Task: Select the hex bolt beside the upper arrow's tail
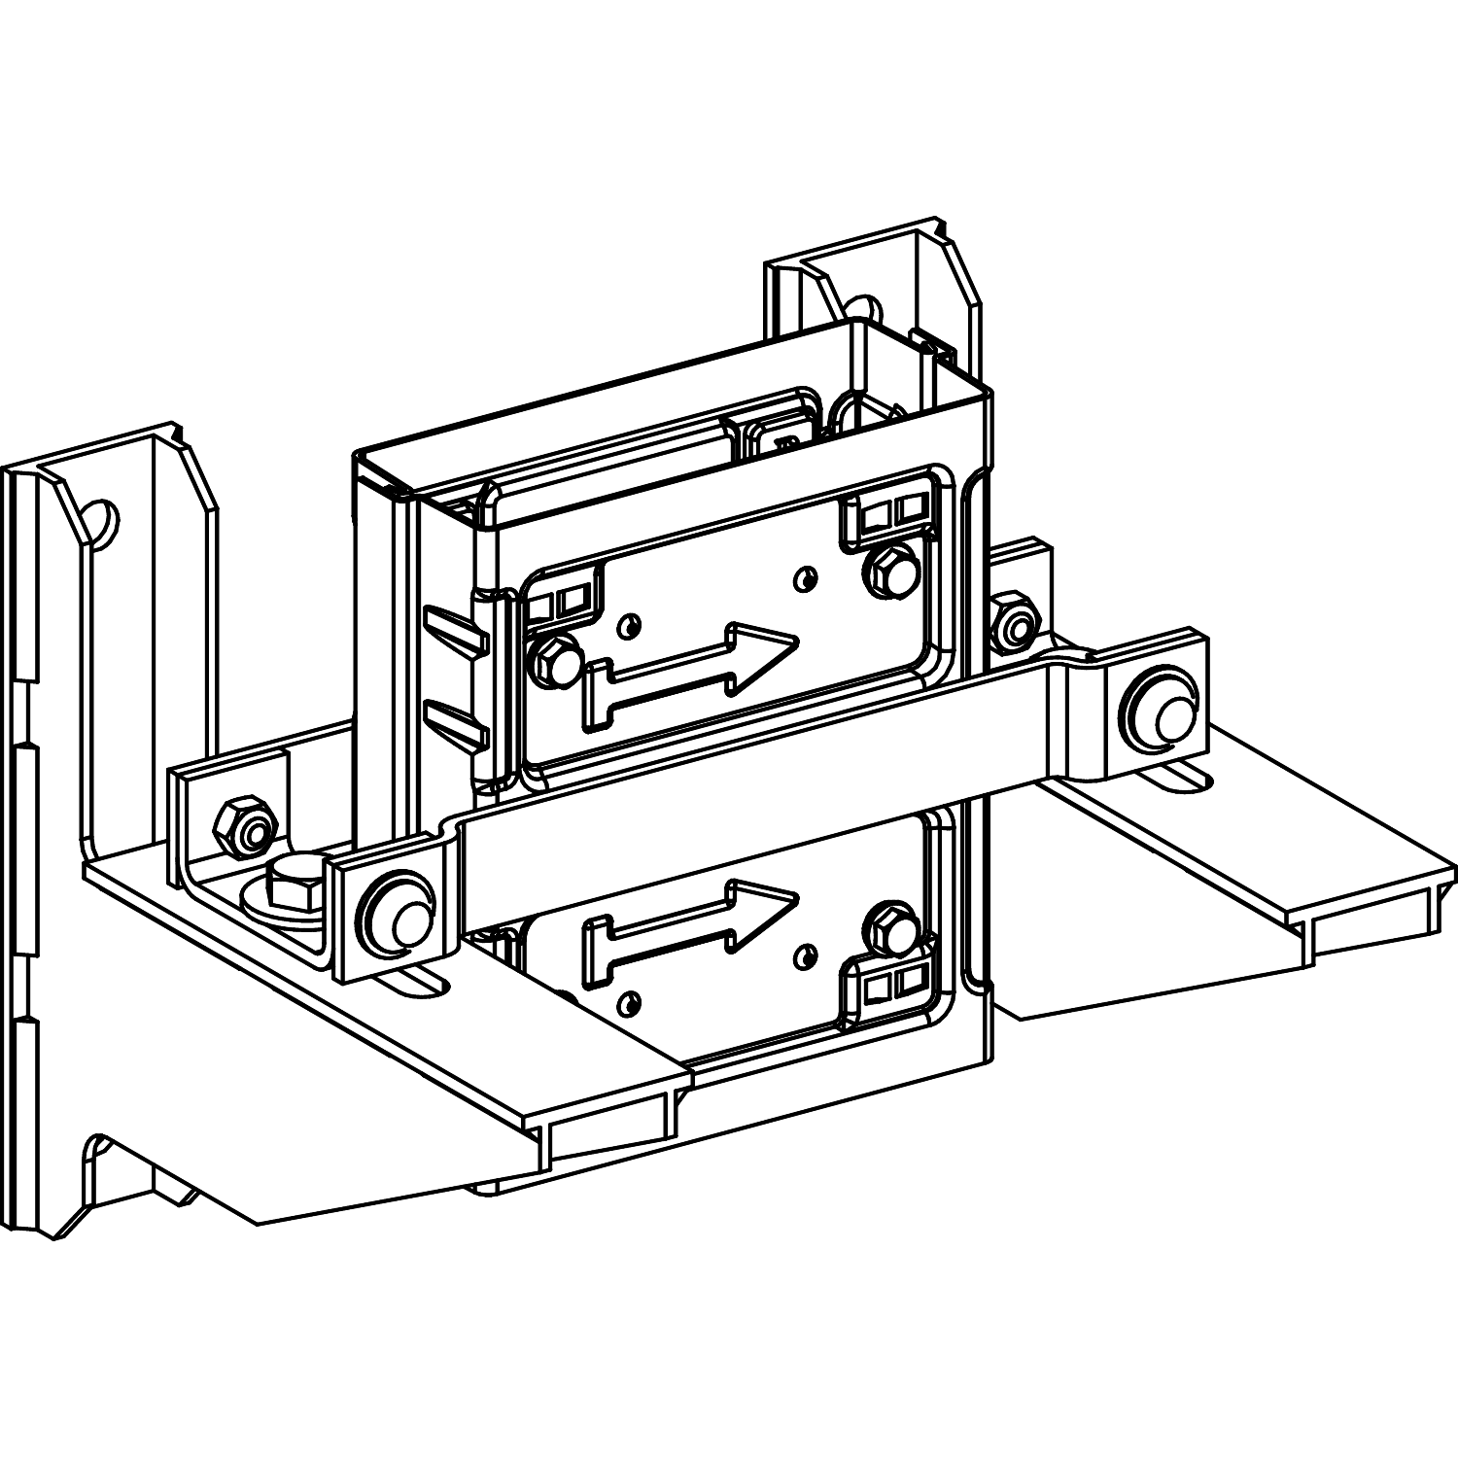click(553, 664)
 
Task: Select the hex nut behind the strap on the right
click(1016, 626)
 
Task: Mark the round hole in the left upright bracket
click(101, 520)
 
